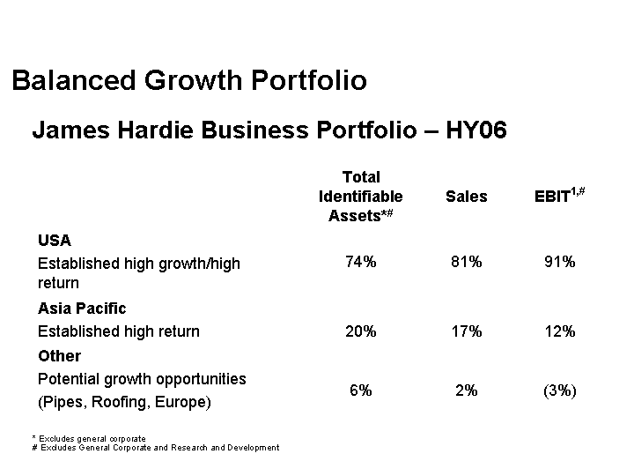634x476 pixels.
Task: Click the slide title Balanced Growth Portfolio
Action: (x=189, y=81)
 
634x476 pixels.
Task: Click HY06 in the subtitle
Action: (x=476, y=131)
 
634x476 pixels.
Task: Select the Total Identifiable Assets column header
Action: (x=360, y=196)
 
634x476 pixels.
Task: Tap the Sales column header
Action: (x=466, y=197)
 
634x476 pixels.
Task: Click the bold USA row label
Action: (x=55, y=240)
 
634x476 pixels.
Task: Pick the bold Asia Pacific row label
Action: (x=82, y=308)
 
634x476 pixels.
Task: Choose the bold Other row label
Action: (x=59, y=355)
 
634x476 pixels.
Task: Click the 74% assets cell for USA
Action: (x=361, y=262)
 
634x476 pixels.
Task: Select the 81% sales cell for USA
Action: (x=466, y=262)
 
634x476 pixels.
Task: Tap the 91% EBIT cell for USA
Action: (x=559, y=262)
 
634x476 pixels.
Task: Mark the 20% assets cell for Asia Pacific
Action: (x=361, y=331)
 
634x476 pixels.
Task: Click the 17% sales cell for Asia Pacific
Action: (x=466, y=331)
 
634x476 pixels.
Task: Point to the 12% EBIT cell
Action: (x=559, y=331)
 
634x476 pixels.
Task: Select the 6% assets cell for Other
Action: (x=360, y=390)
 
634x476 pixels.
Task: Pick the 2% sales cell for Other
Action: (x=466, y=390)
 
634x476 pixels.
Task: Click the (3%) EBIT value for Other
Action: (x=559, y=390)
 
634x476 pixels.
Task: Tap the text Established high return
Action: (x=119, y=331)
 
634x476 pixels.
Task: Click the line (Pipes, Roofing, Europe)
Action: (x=124, y=402)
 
